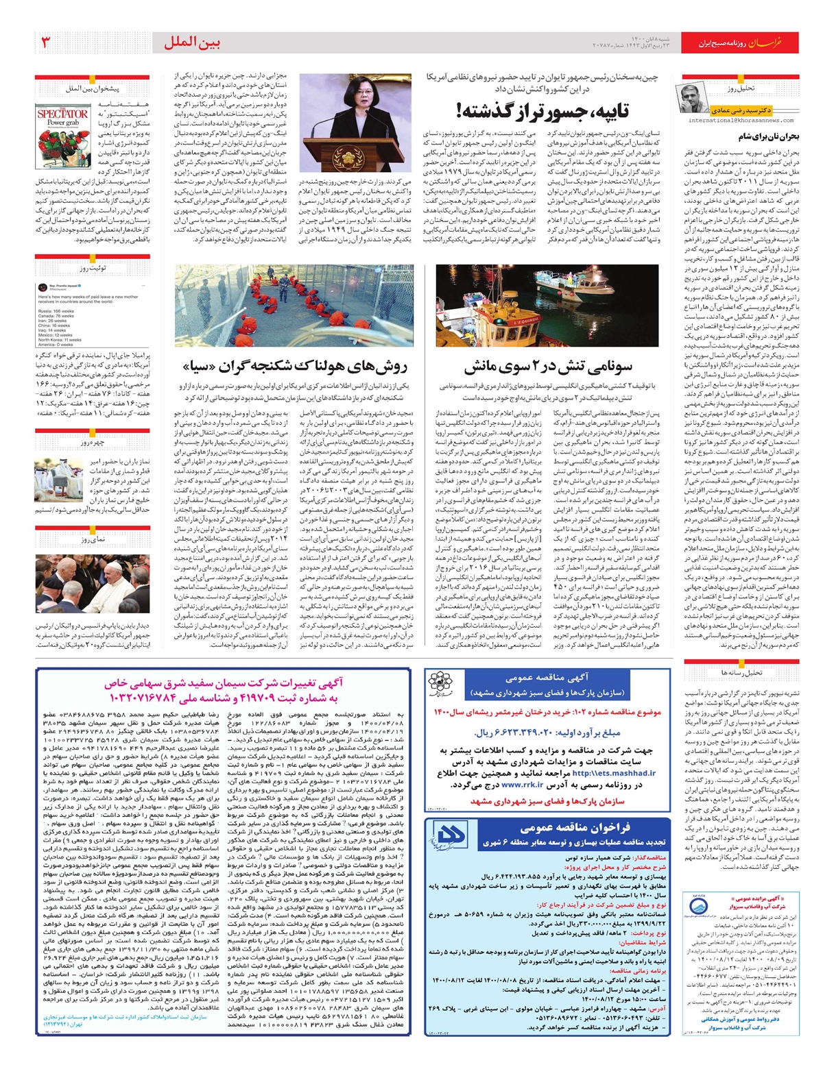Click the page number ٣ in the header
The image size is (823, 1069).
pyautogui.click(x=46, y=43)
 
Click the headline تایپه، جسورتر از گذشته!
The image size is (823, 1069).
pyautogui.click(x=542, y=110)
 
